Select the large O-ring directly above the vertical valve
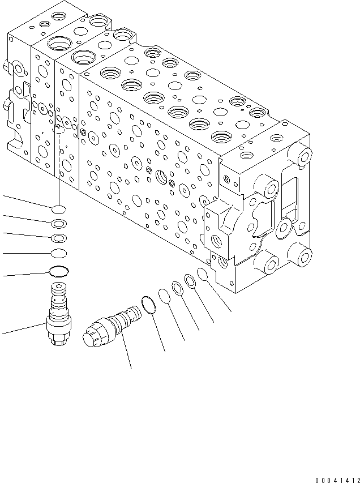click(58, 272)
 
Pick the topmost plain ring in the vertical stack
click(58, 209)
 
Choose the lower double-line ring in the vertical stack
click(58, 238)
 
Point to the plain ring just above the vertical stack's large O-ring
click(58, 253)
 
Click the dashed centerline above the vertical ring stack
click(58, 164)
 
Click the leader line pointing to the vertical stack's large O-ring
click(25, 274)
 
